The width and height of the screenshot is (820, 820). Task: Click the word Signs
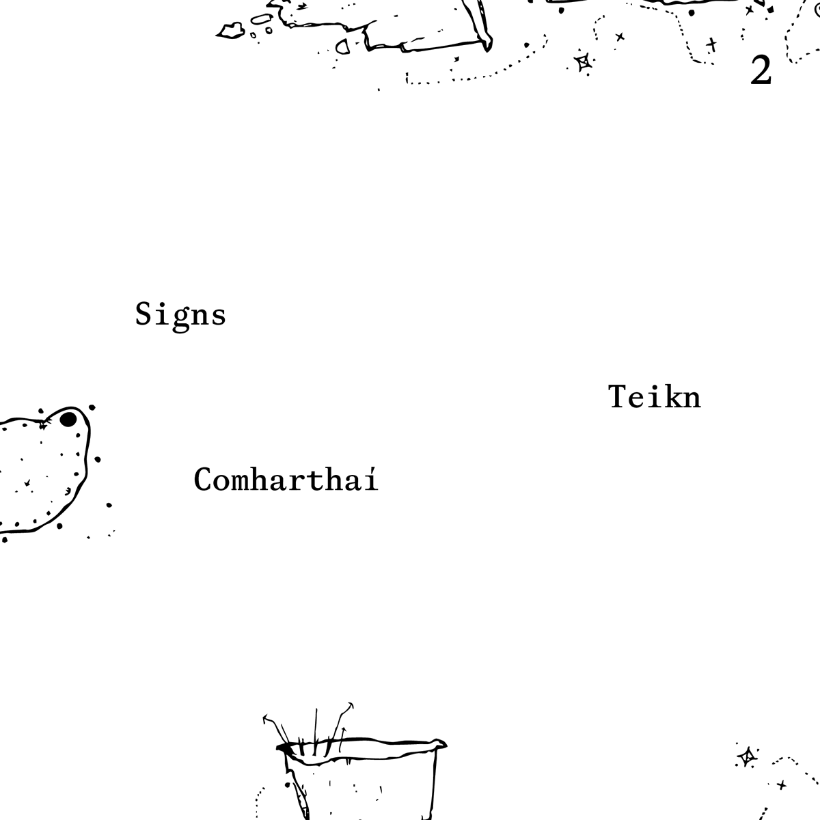click(x=180, y=315)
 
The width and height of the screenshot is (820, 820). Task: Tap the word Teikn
click(x=654, y=397)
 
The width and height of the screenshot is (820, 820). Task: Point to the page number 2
click(x=761, y=70)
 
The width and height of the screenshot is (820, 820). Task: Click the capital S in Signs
click(x=143, y=314)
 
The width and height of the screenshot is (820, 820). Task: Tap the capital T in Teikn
click(x=617, y=396)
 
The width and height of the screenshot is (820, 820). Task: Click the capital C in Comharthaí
click(x=204, y=479)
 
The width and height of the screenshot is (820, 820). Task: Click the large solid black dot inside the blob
click(x=68, y=419)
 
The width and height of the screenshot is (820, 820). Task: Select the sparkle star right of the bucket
click(x=747, y=756)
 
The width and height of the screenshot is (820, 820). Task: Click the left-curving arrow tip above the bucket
click(x=265, y=719)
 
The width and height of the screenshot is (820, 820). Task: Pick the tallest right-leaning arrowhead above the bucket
click(x=351, y=704)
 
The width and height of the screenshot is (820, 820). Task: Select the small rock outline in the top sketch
click(x=230, y=29)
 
